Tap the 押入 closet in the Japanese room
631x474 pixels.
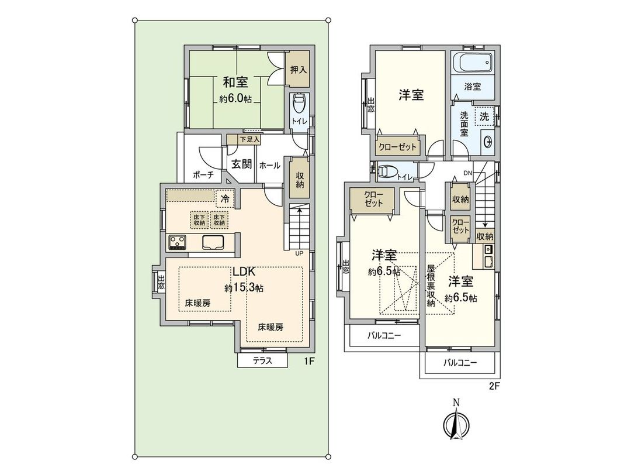(x=298, y=70)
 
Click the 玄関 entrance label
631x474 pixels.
(x=241, y=164)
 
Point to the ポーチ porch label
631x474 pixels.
(x=202, y=174)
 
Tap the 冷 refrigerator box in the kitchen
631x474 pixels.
(x=224, y=198)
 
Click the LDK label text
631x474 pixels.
(x=244, y=272)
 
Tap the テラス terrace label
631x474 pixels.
(x=263, y=360)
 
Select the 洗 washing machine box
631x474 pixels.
(x=484, y=116)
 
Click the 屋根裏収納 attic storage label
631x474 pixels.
(x=431, y=285)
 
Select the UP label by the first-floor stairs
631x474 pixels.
(x=299, y=253)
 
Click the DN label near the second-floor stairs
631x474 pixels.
(x=467, y=173)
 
